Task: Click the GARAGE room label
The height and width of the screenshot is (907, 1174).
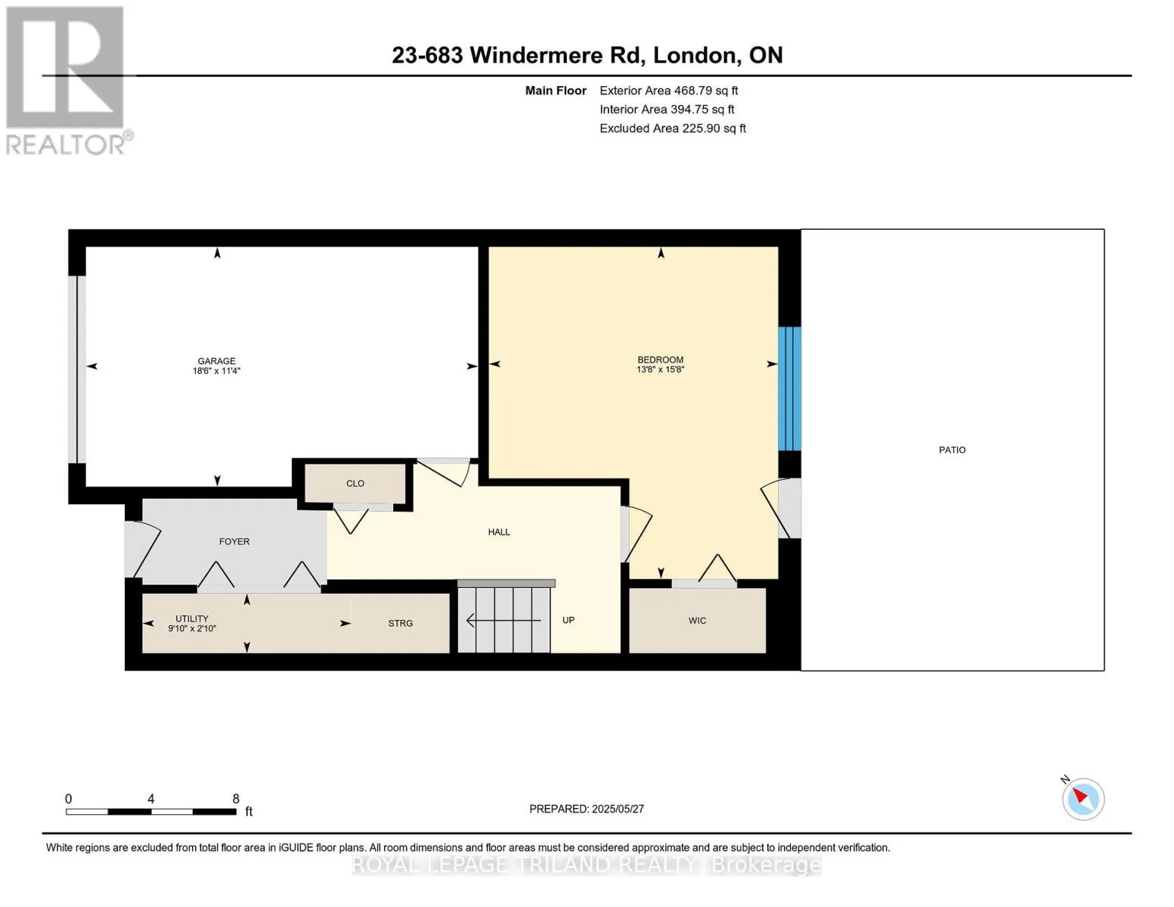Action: point(216,361)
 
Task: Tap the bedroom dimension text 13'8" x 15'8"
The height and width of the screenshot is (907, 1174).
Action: point(660,370)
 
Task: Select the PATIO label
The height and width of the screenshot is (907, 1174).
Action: point(952,450)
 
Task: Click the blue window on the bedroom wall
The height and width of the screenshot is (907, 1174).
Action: point(789,388)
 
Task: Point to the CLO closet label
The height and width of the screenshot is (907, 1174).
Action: point(355,484)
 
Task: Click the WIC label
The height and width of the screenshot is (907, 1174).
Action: point(697,621)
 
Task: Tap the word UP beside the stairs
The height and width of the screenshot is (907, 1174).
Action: point(568,620)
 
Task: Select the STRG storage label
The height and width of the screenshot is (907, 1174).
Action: point(401,624)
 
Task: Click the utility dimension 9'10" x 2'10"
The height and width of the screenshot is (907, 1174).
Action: point(192,629)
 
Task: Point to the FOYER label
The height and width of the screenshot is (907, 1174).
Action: point(234,542)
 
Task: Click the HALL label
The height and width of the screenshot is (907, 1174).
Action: point(499,532)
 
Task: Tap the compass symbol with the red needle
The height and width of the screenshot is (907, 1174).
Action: point(1083,800)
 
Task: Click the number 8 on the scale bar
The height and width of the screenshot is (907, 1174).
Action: point(236,799)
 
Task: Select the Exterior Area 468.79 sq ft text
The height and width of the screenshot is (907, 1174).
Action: point(668,91)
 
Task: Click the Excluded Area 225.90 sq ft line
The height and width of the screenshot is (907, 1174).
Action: point(673,128)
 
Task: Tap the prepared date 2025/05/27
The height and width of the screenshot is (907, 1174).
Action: point(618,809)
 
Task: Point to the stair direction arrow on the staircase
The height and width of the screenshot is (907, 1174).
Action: point(503,621)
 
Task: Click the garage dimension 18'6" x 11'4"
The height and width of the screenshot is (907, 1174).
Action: point(216,371)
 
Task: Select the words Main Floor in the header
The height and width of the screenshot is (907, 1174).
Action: point(556,91)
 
